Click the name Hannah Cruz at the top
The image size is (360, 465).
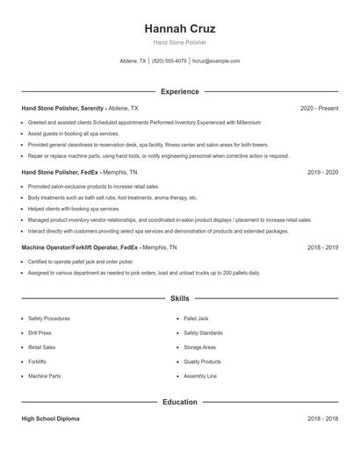coord(179,28)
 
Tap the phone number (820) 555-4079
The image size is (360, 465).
coord(169,61)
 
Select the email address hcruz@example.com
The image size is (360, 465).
coord(216,61)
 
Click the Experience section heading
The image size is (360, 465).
coord(179,91)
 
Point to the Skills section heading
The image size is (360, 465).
coord(179,298)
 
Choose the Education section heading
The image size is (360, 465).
coord(179,402)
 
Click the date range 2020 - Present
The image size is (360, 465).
coord(320,108)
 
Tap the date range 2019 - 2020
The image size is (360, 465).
coord(323,172)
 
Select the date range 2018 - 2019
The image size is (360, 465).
coord(323,247)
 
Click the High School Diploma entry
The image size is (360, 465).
coord(50,419)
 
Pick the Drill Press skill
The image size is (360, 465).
coord(40,333)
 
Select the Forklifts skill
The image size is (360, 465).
coord(37,361)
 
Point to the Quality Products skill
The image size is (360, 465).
coord(202,361)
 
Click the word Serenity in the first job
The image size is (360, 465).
coord(90,108)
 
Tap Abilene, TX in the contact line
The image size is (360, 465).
coord(133,61)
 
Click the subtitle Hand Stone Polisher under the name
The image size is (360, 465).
coord(179,42)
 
